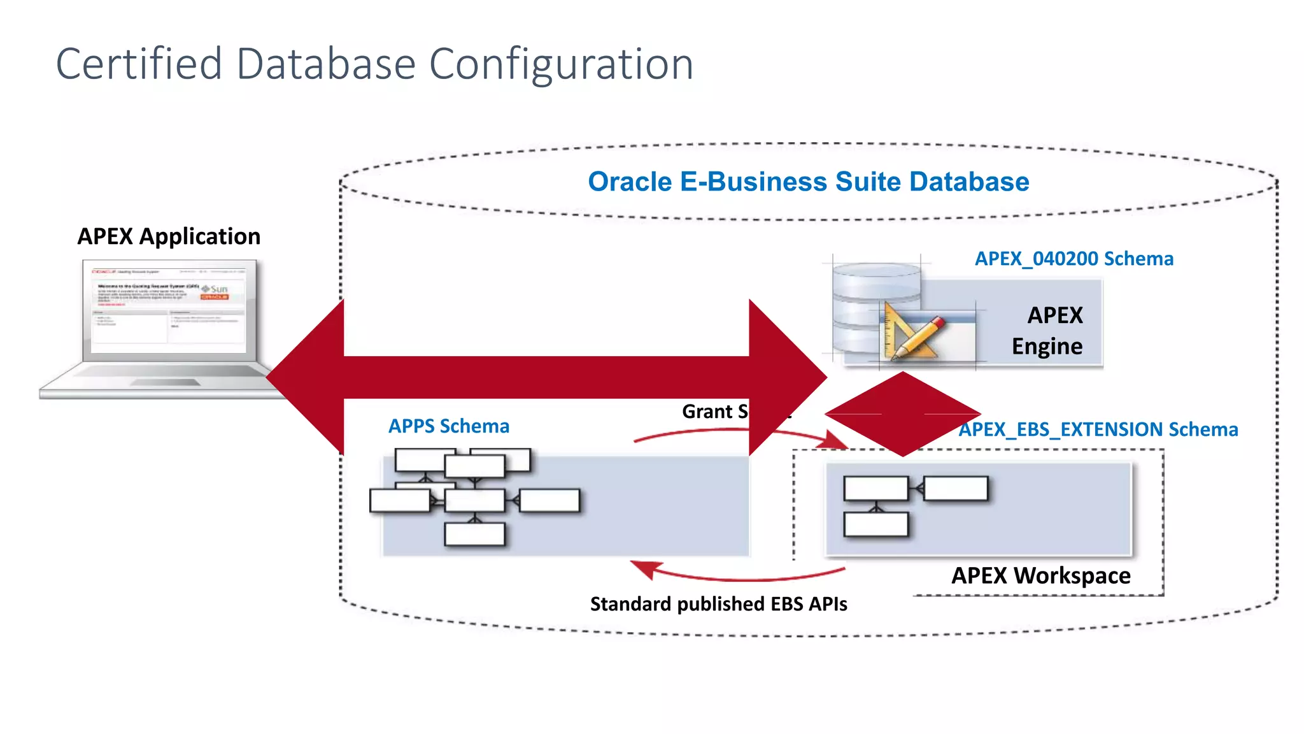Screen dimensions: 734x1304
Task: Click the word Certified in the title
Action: point(139,64)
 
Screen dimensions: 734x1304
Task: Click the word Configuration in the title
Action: point(561,65)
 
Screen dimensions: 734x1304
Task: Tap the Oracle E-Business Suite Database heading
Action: point(808,182)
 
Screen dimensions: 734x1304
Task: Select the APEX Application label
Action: point(169,236)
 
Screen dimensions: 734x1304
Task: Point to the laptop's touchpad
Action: point(166,382)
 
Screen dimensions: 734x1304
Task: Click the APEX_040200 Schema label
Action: point(1074,259)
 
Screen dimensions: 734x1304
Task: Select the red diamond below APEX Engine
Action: point(902,414)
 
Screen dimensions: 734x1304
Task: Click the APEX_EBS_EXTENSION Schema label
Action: point(1098,429)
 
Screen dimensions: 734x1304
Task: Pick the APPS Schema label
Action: point(449,426)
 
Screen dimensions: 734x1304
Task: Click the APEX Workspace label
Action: point(1040,575)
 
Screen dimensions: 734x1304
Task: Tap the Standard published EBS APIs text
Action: point(718,603)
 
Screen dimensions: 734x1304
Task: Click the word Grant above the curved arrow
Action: point(707,412)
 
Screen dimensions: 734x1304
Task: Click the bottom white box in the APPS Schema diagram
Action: point(474,534)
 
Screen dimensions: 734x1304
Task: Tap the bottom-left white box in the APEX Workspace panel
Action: point(875,525)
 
